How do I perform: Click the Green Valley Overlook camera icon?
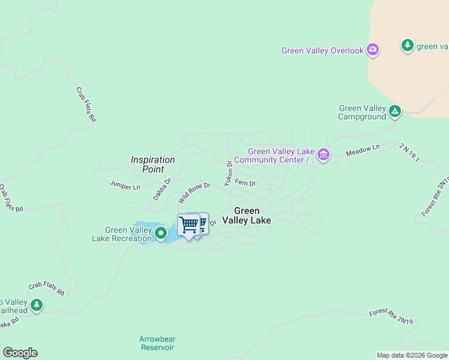(x=373, y=50)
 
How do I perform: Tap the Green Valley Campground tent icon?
(x=395, y=111)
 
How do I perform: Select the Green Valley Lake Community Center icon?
(x=324, y=155)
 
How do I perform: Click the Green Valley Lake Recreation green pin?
(x=160, y=233)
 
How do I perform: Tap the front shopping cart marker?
(x=188, y=225)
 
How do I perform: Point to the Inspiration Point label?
(x=153, y=164)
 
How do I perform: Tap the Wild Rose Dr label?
(x=194, y=193)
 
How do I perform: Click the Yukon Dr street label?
(x=228, y=173)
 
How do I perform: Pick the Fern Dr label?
(x=245, y=182)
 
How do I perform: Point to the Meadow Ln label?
(x=363, y=151)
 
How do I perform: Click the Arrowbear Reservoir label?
(x=157, y=343)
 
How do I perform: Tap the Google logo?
(x=20, y=353)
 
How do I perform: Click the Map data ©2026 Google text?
(x=411, y=355)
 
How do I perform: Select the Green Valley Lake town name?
(x=246, y=215)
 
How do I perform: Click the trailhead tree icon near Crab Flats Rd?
(x=37, y=305)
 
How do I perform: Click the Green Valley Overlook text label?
(x=322, y=50)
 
